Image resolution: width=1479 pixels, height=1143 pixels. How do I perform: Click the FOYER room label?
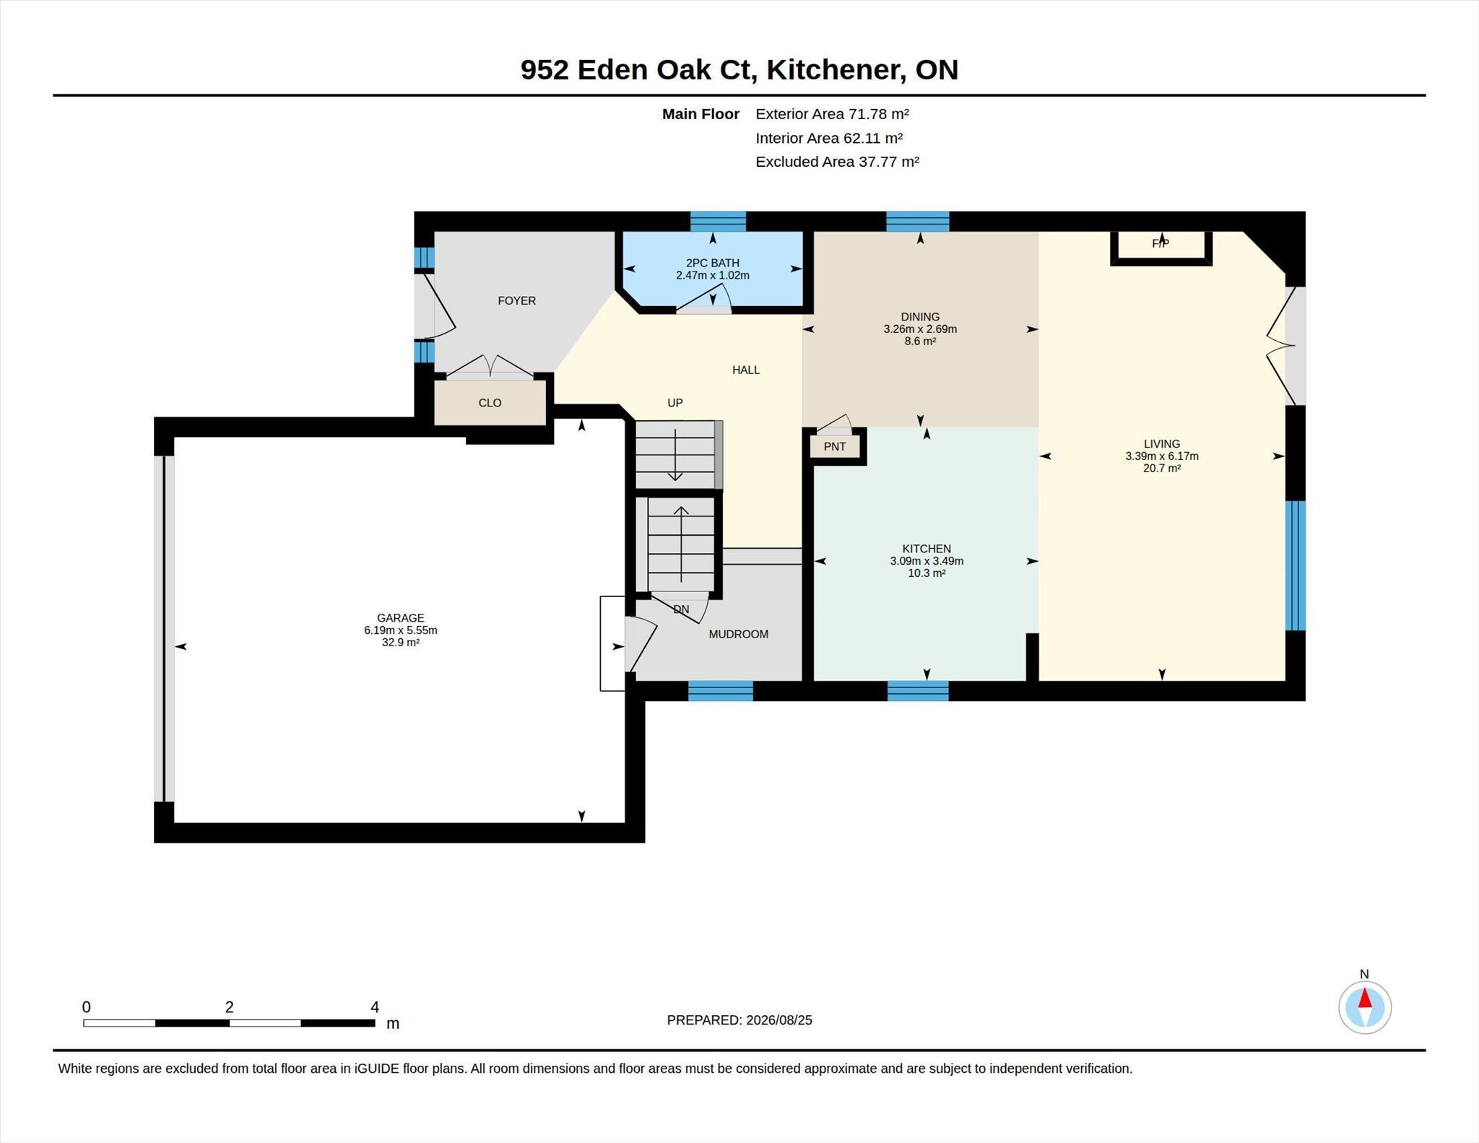pos(516,300)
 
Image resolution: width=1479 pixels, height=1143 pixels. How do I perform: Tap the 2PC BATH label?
pos(712,263)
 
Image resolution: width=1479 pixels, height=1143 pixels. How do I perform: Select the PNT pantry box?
pos(835,446)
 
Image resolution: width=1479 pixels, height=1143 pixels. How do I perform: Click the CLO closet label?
pos(490,403)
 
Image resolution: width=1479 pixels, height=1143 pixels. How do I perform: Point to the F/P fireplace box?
pos(1161,247)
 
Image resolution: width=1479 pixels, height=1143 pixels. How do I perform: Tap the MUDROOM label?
pos(738,634)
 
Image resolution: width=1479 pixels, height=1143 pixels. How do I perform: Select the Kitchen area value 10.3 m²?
pos(927,573)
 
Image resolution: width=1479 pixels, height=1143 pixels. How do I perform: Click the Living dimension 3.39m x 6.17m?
pos(1161,456)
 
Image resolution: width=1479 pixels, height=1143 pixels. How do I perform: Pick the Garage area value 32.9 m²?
pos(401,643)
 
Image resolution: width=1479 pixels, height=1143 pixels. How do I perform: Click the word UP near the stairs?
pos(675,403)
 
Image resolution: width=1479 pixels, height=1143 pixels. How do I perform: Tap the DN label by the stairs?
pos(681,609)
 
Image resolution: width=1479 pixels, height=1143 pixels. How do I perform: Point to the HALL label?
pos(746,370)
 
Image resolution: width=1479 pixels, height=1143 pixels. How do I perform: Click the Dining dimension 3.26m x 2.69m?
pos(920,329)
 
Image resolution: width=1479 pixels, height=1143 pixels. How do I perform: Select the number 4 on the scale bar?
pos(375,1007)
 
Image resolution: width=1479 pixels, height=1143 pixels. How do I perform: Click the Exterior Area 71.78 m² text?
pos(832,113)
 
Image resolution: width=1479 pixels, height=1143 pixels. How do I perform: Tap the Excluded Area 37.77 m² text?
pos(837,162)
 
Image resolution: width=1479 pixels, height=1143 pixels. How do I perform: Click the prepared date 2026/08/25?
pos(779,1020)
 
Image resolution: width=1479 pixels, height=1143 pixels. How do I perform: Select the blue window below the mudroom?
pos(720,691)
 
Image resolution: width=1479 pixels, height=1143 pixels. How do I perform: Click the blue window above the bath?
pos(718,221)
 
